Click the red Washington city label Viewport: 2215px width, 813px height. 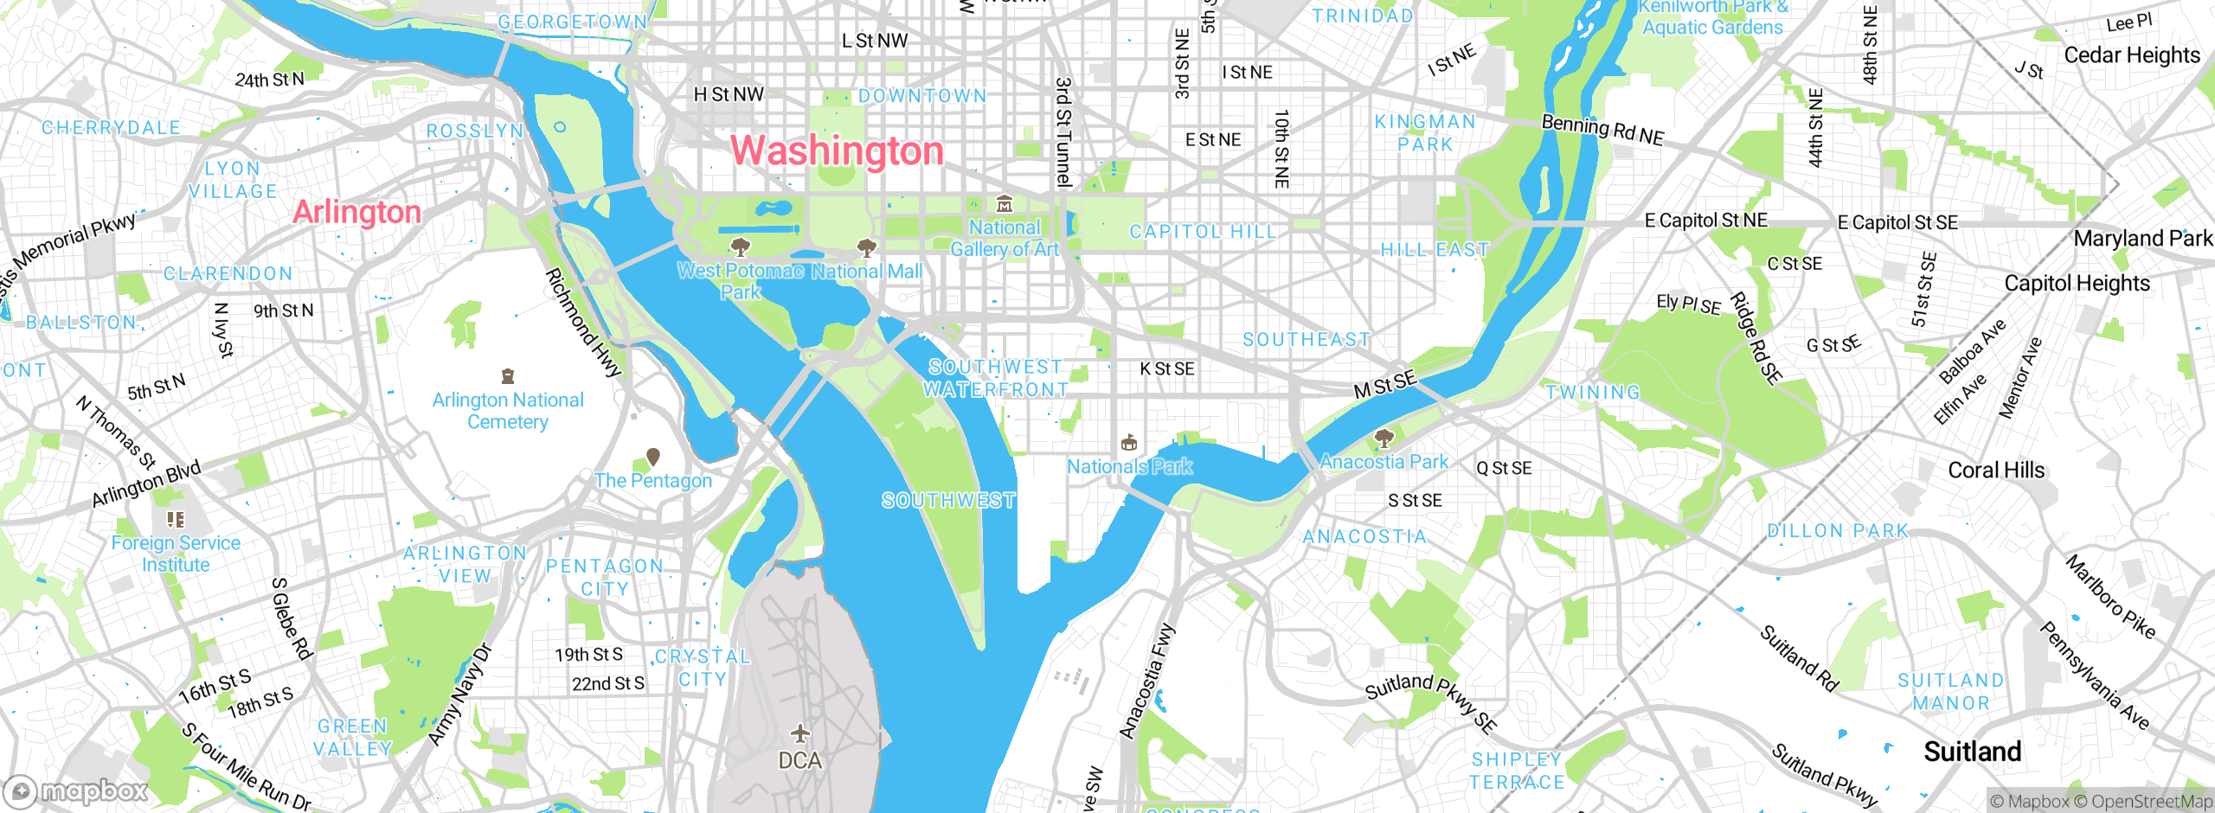pyautogui.click(x=837, y=151)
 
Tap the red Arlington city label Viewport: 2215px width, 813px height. pyautogui.click(x=356, y=212)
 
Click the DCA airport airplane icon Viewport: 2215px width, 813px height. pyautogui.click(x=800, y=734)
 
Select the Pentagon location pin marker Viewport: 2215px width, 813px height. pyautogui.click(x=653, y=457)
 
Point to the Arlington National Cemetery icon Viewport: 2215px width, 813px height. pyautogui.click(x=508, y=376)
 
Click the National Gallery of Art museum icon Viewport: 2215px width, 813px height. pyautogui.click(x=1004, y=205)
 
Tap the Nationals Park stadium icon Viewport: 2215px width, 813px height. pyautogui.click(x=1128, y=444)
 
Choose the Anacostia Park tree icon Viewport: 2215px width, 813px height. pyautogui.click(x=1384, y=438)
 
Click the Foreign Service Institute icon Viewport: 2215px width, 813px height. pyautogui.click(x=176, y=520)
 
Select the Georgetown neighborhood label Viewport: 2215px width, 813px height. pyautogui.click(x=572, y=22)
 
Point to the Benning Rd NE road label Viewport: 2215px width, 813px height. pyautogui.click(x=1602, y=131)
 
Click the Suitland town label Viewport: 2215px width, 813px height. pyautogui.click(x=1972, y=752)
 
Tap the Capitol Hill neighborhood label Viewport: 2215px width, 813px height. pyautogui.click(x=1203, y=232)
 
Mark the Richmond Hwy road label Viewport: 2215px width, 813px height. pyautogui.click(x=582, y=323)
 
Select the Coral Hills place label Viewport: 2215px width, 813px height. pyautogui.click(x=1995, y=471)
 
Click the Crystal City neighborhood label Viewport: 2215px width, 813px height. pyautogui.click(x=703, y=668)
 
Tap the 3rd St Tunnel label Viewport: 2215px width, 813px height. pyautogui.click(x=1063, y=131)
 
